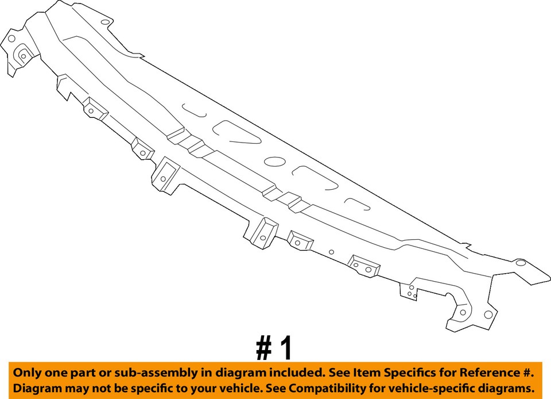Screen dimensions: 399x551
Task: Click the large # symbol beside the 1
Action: (x=263, y=348)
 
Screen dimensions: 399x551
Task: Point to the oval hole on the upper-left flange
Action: (x=104, y=23)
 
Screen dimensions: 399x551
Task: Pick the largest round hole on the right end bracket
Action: (x=487, y=314)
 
